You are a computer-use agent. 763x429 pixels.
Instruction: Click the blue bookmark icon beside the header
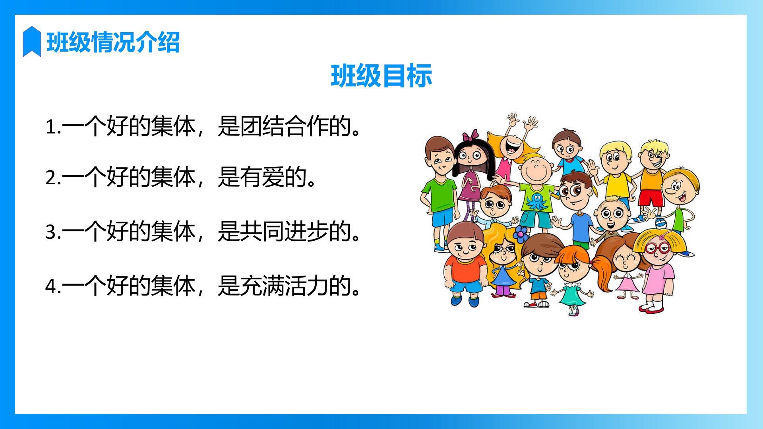(x=32, y=41)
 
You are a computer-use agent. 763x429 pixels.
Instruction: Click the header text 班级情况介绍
(x=113, y=42)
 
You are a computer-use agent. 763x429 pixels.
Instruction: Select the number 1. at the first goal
(x=53, y=127)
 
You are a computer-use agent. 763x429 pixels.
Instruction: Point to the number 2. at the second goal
(x=53, y=178)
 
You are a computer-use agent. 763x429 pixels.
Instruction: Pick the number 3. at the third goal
(x=53, y=232)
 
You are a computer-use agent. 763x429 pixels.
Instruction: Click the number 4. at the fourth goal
(x=53, y=286)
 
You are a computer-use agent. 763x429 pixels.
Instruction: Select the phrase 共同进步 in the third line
(x=285, y=231)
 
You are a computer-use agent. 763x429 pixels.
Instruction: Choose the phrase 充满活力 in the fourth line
(x=285, y=286)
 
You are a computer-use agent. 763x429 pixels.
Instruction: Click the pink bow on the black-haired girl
(x=471, y=136)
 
